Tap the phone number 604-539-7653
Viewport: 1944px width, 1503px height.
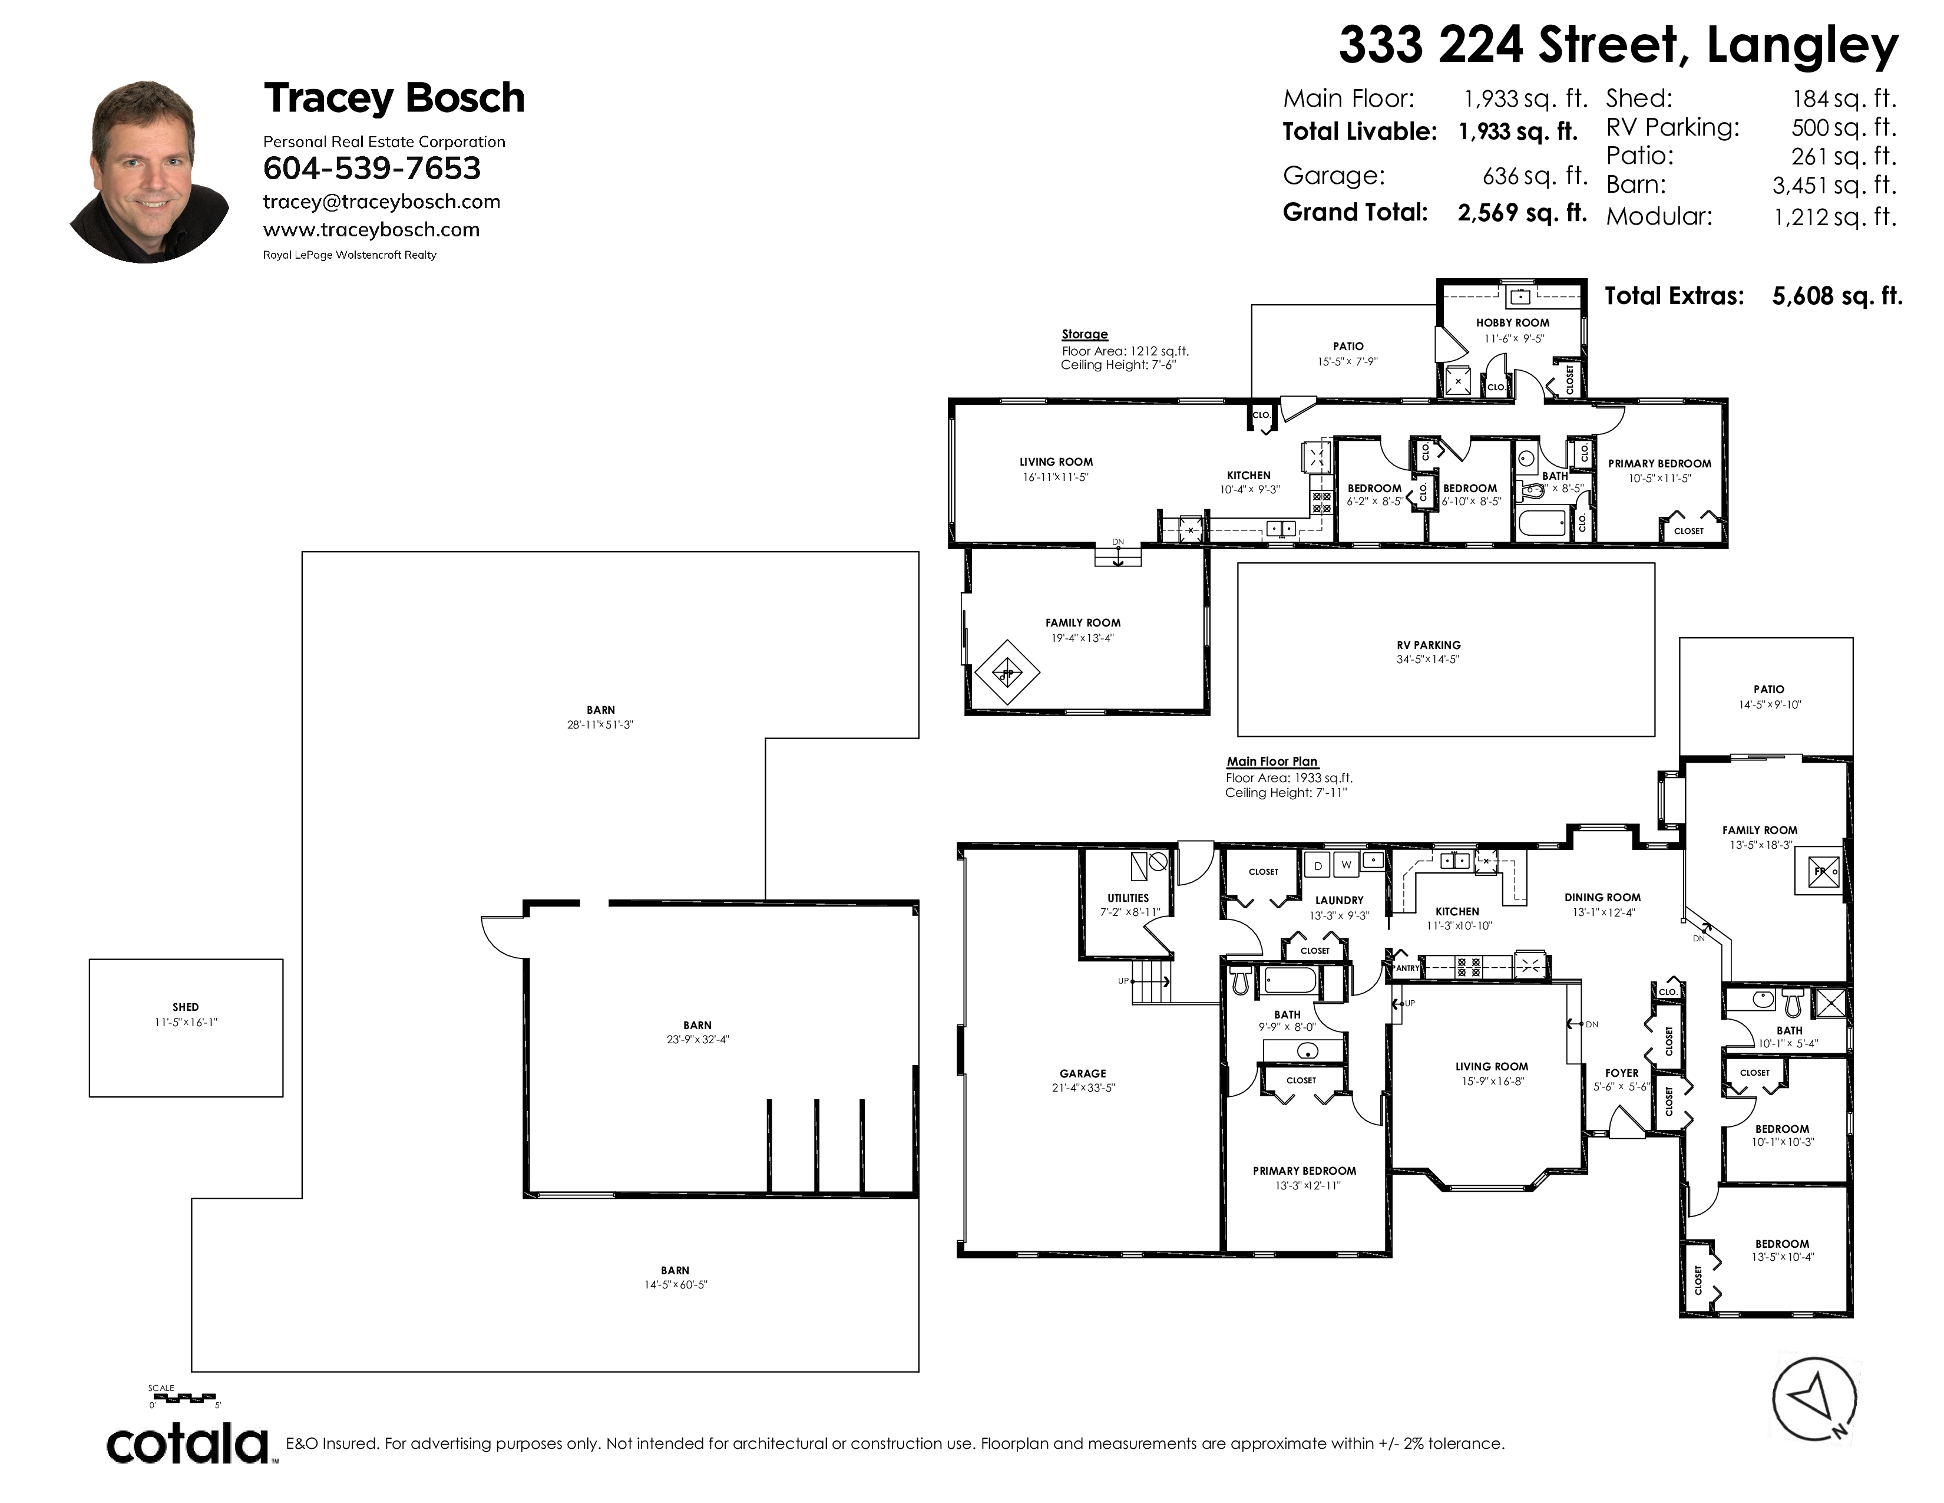372,169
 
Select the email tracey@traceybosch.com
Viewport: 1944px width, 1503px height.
382,202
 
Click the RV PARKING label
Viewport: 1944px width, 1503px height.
1429,645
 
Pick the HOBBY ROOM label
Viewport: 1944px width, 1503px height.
1512,323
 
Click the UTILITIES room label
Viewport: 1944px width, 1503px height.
1128,898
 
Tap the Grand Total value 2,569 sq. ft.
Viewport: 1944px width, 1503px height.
1522,213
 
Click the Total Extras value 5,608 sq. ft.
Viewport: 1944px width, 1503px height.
1837,296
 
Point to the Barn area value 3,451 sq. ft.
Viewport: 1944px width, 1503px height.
1834,186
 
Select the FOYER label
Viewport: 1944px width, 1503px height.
1622,1073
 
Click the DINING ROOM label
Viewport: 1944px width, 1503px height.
1602,898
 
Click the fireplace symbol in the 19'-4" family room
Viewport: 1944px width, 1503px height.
1007,671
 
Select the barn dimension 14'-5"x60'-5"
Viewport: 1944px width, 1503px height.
676,1285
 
